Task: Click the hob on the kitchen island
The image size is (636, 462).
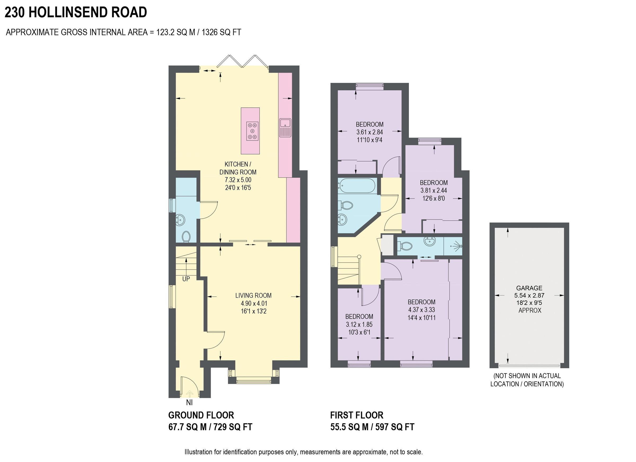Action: (252, 131)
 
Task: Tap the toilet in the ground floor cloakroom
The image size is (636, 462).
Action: (186, 236)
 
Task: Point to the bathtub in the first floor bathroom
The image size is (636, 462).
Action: (356, 186)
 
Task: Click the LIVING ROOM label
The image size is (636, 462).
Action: (254, 295)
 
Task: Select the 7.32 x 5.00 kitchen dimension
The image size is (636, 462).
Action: (238, 180)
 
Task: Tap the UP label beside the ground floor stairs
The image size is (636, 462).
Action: (186, 279)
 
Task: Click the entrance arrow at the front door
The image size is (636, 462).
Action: (189, 394)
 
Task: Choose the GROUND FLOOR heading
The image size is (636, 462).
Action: (201, 415)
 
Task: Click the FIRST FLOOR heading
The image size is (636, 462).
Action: (357, 415)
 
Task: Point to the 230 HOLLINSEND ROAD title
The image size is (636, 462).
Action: (76, 12)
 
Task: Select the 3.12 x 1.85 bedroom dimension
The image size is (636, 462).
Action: (359, 324)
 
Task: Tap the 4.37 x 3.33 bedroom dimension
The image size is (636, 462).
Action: (421, 310)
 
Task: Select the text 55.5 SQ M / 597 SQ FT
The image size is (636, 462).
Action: (372, 427)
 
